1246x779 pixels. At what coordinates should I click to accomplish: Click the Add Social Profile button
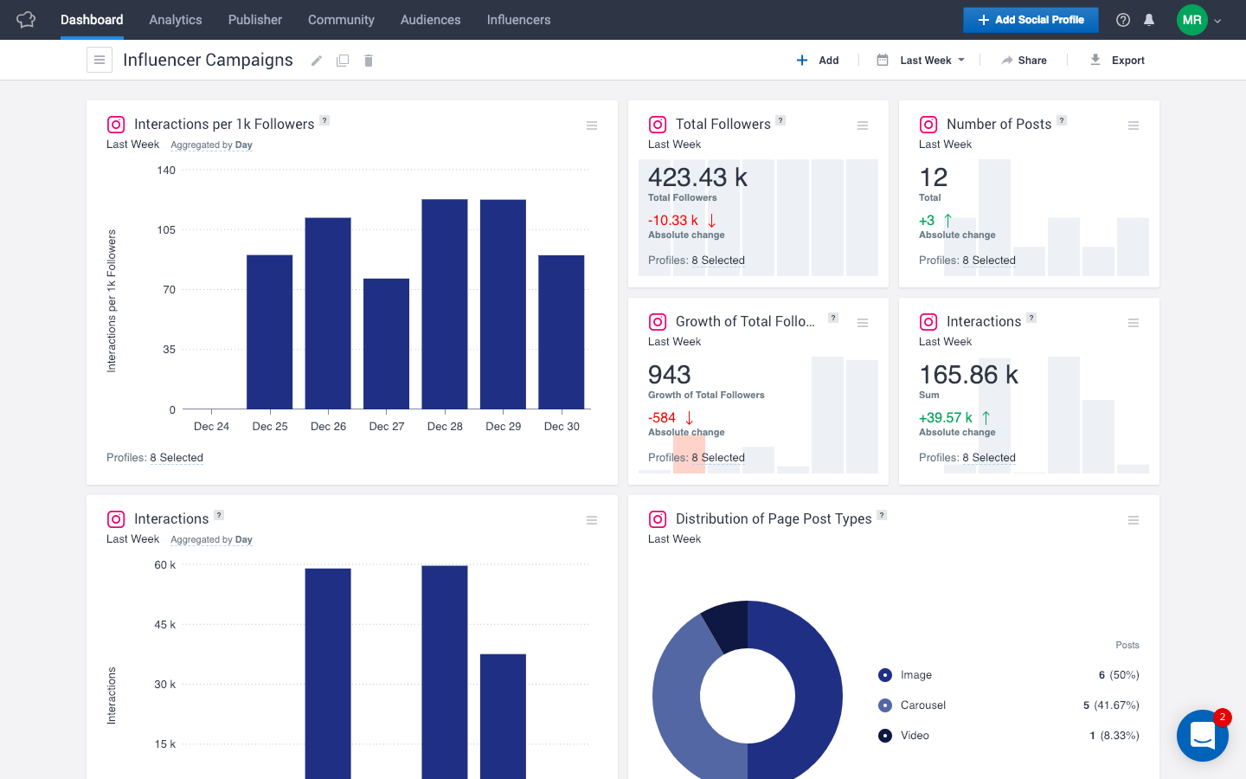1030,20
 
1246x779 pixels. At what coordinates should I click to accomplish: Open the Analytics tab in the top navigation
175,20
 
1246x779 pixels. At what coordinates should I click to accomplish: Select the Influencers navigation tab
518,20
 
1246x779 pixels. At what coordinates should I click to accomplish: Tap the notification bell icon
1149,20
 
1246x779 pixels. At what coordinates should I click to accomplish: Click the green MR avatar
1191,20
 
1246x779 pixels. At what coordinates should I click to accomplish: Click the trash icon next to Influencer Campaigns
369,61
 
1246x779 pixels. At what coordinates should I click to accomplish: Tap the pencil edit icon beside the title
317,61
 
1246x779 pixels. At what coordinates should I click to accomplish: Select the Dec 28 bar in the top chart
445,303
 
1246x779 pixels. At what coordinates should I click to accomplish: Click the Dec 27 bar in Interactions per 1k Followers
386,343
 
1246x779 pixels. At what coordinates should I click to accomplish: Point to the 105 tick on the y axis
166,230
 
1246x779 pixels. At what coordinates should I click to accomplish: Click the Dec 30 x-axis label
562,427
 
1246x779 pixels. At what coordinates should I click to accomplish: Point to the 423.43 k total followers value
697,177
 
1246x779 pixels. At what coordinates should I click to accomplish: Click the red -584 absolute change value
663,418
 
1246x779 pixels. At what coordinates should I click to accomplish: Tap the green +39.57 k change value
946,418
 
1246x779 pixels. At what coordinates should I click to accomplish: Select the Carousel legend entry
922,705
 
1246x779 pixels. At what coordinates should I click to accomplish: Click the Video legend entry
914,736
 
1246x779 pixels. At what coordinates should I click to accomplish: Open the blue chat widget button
1202,736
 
